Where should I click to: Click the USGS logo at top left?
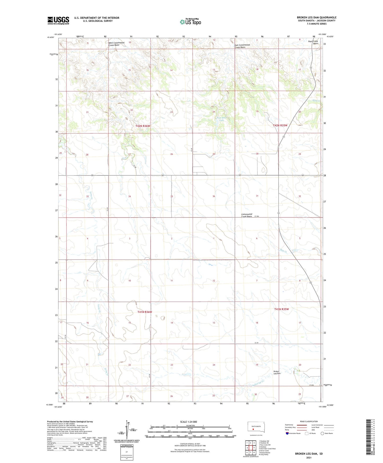point(58,20)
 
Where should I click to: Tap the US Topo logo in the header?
point(190,22)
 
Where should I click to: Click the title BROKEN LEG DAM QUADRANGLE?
point(316,18)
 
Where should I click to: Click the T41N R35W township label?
point(281,309)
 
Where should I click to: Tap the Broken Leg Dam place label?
point(277,372)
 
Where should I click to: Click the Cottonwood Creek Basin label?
point(246,215)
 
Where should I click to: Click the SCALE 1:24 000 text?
point(188,422)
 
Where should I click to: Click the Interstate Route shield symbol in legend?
point(287,433)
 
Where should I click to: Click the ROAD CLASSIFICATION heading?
point(309,421)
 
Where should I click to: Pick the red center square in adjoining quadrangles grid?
point(250,448)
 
